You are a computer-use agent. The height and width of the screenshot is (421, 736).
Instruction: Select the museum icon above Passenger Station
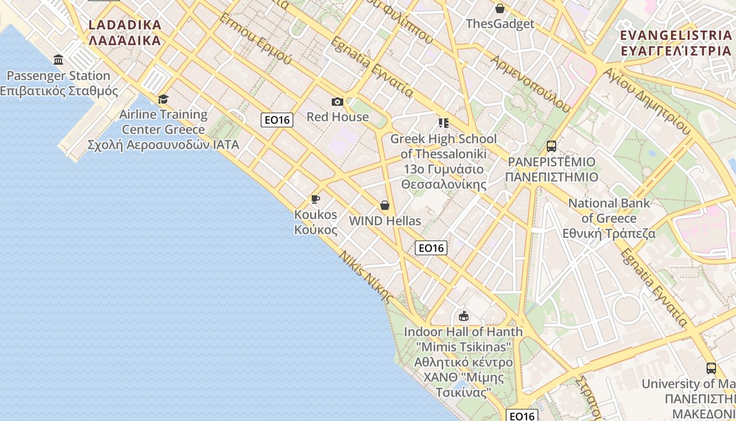click(x=58, y=59)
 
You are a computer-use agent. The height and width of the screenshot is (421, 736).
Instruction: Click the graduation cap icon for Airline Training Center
click(x=163, y=99)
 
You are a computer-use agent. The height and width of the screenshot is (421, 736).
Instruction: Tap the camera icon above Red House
click(x=338, y=102)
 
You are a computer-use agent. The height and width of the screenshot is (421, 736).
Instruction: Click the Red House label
click(x=338, y=117)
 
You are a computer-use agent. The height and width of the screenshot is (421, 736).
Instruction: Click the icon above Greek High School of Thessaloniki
click(x=443, y=123)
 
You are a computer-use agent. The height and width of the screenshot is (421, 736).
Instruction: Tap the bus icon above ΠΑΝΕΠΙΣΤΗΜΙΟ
click(x=551, y=146)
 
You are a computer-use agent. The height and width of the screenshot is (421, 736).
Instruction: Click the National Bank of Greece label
click(x=609, y=218)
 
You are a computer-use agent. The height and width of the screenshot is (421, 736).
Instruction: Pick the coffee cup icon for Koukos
click(x=315, y=199)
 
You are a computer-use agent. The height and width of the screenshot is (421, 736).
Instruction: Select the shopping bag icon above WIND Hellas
click(x=385, y=205)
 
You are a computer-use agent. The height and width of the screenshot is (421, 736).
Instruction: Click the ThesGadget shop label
click(x=500, y=24)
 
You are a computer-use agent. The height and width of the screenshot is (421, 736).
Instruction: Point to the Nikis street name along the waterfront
click(x=366, y=276)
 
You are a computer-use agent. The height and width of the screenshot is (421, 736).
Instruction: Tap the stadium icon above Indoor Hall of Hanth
click(x=463, y=316)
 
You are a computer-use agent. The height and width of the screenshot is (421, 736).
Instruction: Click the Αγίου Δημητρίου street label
click(x=646, y=101)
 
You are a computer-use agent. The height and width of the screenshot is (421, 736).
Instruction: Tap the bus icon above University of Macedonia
click(x=711, y=368)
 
